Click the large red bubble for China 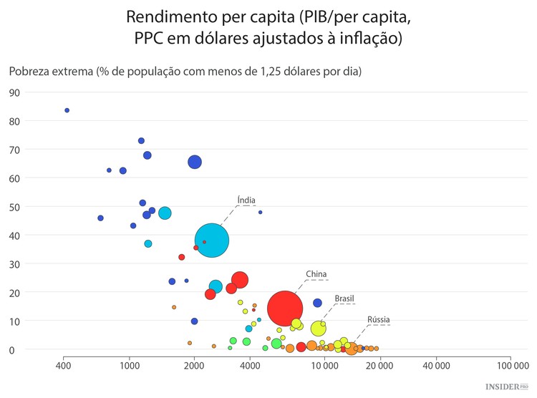pos(285,309)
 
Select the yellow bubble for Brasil pos(319,329)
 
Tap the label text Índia pos(246,200)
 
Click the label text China pos(316,273)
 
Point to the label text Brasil pos(344,298)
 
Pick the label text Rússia pos(379,319)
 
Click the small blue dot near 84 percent pos(67,110)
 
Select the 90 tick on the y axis pos(14,92)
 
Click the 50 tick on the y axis pos(14,207)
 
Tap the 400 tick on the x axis pos(63,365)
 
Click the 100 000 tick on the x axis pos(509,365)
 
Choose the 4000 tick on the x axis pos(250,365)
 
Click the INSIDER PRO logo pos(506,387)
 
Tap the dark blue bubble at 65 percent pos(195,162)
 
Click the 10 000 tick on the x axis pos(324,365)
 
